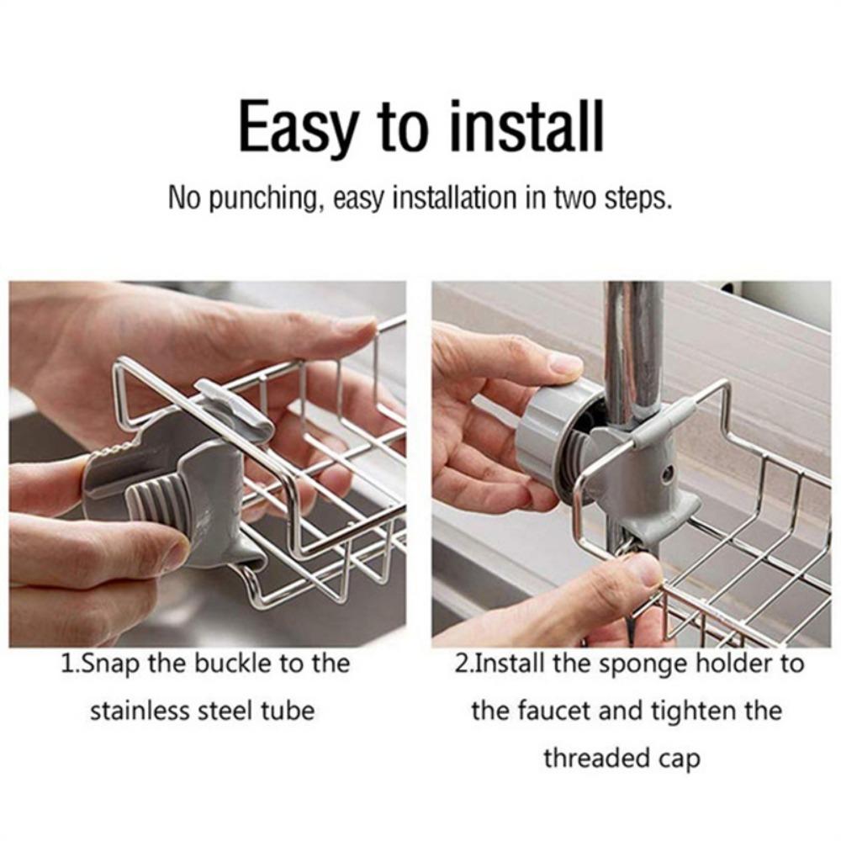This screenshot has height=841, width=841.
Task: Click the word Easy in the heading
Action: [x=299, y=127]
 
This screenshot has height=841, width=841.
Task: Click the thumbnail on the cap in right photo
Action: [x=564, y=362]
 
